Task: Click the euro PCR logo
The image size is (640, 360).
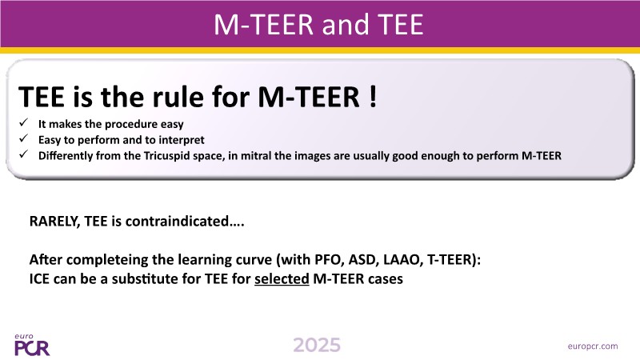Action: click(x=32, y=345)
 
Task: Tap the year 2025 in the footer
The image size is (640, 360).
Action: click(x=317, y=346)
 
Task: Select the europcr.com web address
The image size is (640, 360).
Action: click(x=593, y=346)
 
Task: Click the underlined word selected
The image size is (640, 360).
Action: click(x=282, y=278)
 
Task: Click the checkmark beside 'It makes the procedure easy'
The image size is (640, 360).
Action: click(x=24, y=122)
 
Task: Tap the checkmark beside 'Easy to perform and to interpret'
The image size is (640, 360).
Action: click(x=24, y=138)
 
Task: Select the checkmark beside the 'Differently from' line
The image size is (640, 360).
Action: click(x=24, y=154)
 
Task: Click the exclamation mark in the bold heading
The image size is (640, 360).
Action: click(x=372, y=97)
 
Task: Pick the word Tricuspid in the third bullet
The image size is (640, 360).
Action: click(x=164, y=156)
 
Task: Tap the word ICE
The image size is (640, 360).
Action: click(x=39, y=278)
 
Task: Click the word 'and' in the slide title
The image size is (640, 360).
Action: click(x=346, y=25)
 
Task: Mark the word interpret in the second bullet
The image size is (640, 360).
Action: click(x=182, y=140)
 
